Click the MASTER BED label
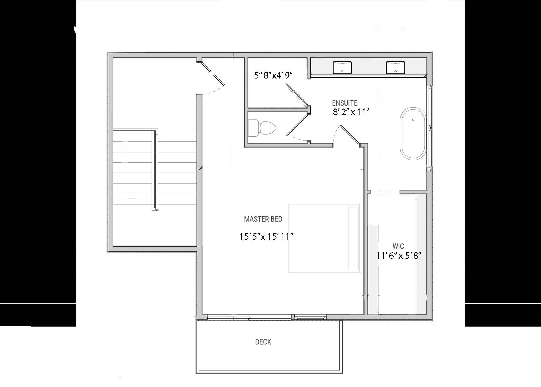(x=263, y=219)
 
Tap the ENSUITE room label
(x=344, y=103)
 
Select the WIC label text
(x=398, y=246)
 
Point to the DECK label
(x=263, y=342)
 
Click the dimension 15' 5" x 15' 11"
(x=266, y=236)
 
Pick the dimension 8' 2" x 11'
(x=351, y=112)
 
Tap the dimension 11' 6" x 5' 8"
(x=399, y=256)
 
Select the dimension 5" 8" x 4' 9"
(x=273, y=76)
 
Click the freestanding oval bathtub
(x=413, y=133)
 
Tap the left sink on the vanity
(x=342, y=68)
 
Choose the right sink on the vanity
(x=395, y=68)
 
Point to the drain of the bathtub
(x=413, y=120)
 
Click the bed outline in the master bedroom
(x=325, y=238)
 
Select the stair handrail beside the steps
(x=155, y=169)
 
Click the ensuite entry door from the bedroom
(x=350, y=135)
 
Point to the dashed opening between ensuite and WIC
(x=384, y=192)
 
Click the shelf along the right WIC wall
(x=421, y=254)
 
